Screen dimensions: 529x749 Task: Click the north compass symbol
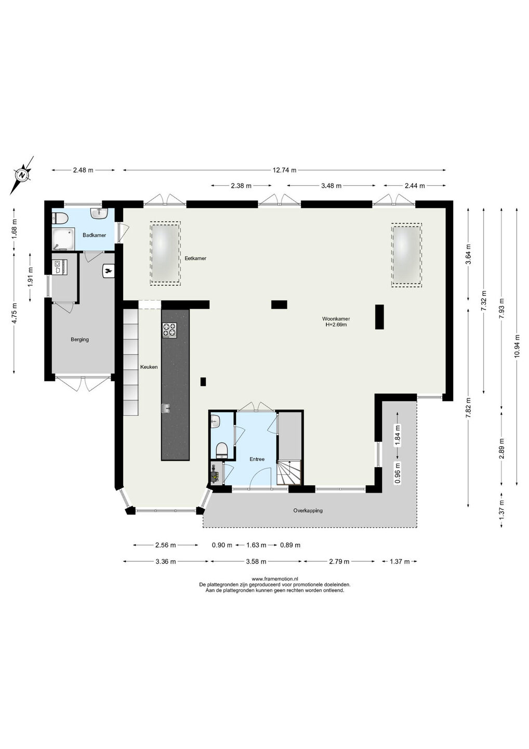pyautogui.click(x=22, y=175)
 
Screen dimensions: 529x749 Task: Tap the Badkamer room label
pyautogui.click(x=94, y=235)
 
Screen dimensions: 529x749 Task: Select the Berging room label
pyautogui.click(x=80, y=339)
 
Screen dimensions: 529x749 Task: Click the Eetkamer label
pyautogui.click(x=195, y=258)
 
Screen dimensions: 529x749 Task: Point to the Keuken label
pyautogui.click(x=149, y=367)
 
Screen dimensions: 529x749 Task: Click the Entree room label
pyautogui.click(x=257, y=459)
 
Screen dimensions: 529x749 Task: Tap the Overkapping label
pyautogui.click(x=308, y=511)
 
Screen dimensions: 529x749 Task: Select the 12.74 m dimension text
pyautogui.click(x=285, y=170)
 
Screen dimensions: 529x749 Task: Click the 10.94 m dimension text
pyautogui.click(x=517, y=346)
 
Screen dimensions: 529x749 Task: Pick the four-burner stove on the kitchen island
pyautogui.click(x=169, y=330)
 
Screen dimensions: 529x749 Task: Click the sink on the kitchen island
pyautogui.click(x=166, y=408)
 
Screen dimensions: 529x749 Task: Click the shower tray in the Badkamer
pyautogui.click(x=63, y=239)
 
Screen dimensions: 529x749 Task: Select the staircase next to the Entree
pyautogui.click(x=289, y=472)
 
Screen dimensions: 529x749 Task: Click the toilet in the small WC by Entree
pyautogui.click(x=222, y=450)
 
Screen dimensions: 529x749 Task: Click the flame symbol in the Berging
pyautogui.click(x=108, y=270)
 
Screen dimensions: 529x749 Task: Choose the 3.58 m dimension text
pyautogui.click(x=256, y=561)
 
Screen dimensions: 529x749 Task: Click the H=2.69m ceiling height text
pyautogui.click(x=336, y=324)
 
